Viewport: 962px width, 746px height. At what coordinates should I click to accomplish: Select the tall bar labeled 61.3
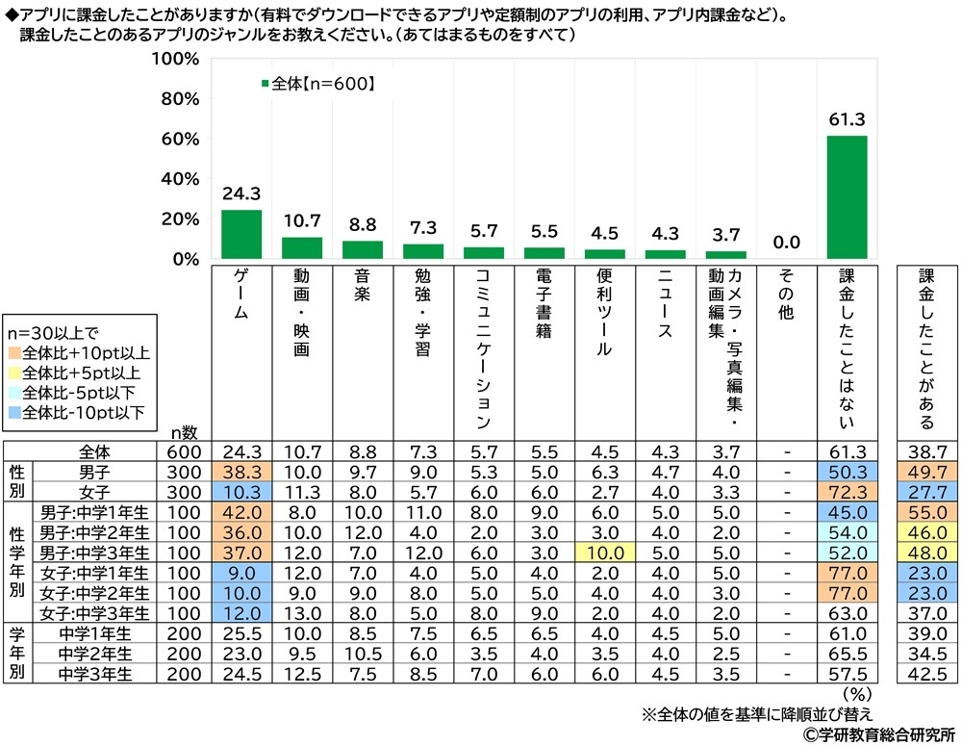tap(847, 197)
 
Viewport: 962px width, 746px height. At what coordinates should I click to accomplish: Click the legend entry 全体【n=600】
tap(317, 84)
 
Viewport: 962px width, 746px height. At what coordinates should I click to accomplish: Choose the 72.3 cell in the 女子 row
tap(847, 492)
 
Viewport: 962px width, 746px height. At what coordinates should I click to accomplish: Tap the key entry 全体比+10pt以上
tap(82, 352)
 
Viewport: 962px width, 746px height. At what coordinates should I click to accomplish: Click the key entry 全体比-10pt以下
tap(82, 413)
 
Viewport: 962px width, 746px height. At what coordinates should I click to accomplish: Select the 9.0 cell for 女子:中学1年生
tap(241, 572)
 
